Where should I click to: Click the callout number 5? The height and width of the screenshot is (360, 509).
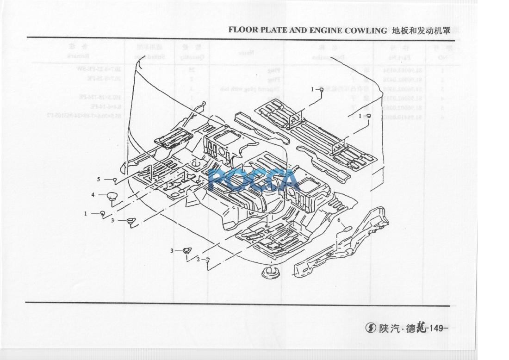[x=99, y=179]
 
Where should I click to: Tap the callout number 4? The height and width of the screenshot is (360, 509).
[x=93, y=195]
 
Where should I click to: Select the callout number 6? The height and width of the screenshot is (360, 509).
[x=338, y=221]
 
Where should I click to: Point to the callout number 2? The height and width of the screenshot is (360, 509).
[x=198, y=259]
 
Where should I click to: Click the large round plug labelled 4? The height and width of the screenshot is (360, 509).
[x=112, y=196]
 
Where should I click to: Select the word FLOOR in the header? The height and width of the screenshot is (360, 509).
[x=242, y=31]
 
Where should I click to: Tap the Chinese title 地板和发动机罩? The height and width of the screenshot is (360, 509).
[x=420, y=31]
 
